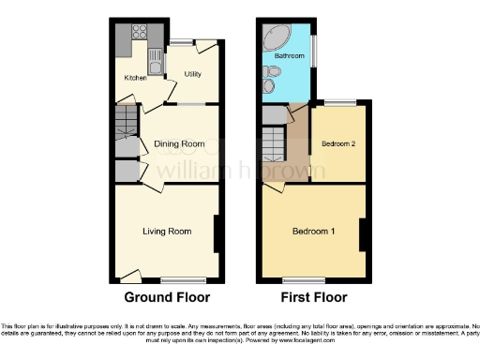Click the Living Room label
pyautogui.click(x=167, y=231)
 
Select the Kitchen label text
pyautogui.click(x=136, y=79)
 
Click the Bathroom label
pyautogui.click(x=289, y=56)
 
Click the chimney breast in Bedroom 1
pyautogui.click(x=362, y=233)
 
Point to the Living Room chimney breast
pyautogui.click(x=217, y=233)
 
